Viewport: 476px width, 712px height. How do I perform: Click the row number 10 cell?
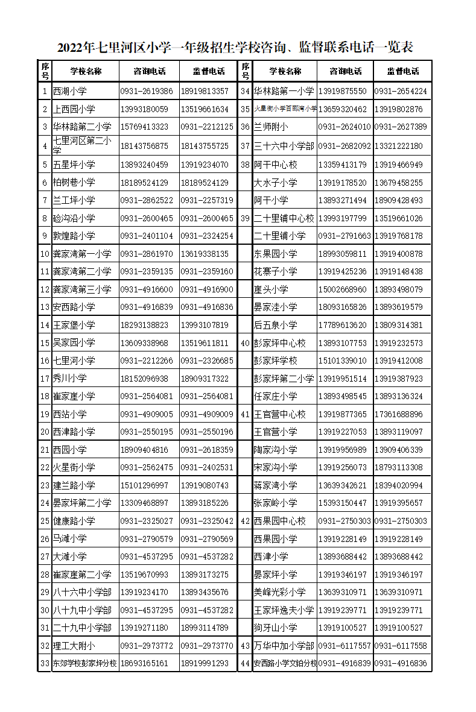pyautogui.click(x=45, y=254)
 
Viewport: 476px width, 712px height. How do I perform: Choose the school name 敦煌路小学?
pyautogui.click(x=74, y=236)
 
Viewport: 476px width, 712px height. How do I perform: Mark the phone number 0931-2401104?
pyautogui.click(x=147, y=236)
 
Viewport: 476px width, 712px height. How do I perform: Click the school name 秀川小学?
pyautogui.click(x=69, y=379)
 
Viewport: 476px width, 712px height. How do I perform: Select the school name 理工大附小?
pyautogui.click(x=74, y=646)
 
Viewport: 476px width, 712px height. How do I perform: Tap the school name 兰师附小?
pyautogui.click(x=271, y=127)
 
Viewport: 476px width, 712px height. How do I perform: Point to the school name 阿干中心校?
pyautogui.click(x=275, y=165)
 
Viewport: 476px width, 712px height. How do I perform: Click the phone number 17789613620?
pyautogui.click(x=342, y=326)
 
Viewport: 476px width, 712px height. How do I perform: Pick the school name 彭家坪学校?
pyautogui.click(x=275, y=361)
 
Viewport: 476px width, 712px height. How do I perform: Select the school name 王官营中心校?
pyautogui.click(x=279, y=415)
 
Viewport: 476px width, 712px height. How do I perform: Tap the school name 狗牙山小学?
pyautogui.click(x=275, y=628)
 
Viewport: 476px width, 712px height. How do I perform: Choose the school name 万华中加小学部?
pyautogui.click(x=284, y=646)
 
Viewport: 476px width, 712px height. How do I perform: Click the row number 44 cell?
pyautogui.click(x=245, y=664)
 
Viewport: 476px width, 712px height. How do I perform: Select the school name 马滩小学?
pyautogui.click(x=69, y=539)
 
